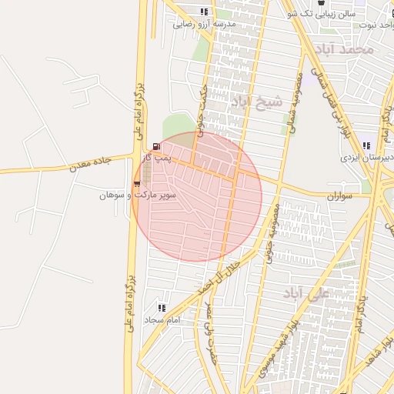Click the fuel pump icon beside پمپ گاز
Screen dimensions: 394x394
tap(157, 146)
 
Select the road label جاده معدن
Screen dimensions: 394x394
tap(90, 162)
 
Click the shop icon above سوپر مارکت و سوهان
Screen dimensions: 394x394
tap(137, 184)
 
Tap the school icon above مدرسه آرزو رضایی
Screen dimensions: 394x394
tap(204, 12)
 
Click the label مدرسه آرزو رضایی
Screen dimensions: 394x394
tap(205, 24)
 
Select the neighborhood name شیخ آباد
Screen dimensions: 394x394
tap(256, 102)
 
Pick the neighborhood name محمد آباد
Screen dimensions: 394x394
tap(348, 49)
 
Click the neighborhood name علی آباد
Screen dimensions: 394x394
tap(306, 293)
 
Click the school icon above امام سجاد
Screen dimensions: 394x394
tap(162, 307)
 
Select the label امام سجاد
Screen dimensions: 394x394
tap(162, 319)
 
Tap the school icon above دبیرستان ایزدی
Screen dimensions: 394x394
tap(367, 145)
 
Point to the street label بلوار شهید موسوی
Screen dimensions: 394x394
tap(269, 367)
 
